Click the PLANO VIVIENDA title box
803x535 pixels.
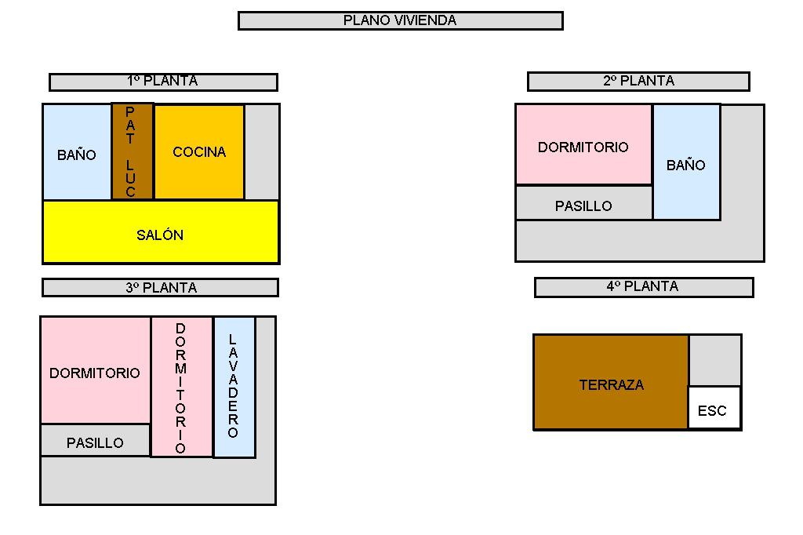[400, 20]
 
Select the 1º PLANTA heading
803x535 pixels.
[163, 82]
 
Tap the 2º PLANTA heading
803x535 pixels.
[638, 81]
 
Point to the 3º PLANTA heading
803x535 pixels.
[160, 288]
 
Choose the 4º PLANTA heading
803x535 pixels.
[643, 287]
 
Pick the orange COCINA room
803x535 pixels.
[199, 152]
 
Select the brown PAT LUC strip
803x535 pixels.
[132, 151]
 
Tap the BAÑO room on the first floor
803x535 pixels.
[77, 153]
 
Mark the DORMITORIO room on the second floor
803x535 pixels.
[583, 146]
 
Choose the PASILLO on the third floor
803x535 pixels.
[95, 441]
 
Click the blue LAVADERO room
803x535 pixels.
[234, 387]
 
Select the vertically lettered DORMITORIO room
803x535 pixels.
[181, 387]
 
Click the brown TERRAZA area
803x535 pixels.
[611, 383]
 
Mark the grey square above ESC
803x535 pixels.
[714, 360]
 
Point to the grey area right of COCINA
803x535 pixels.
[262, 152]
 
